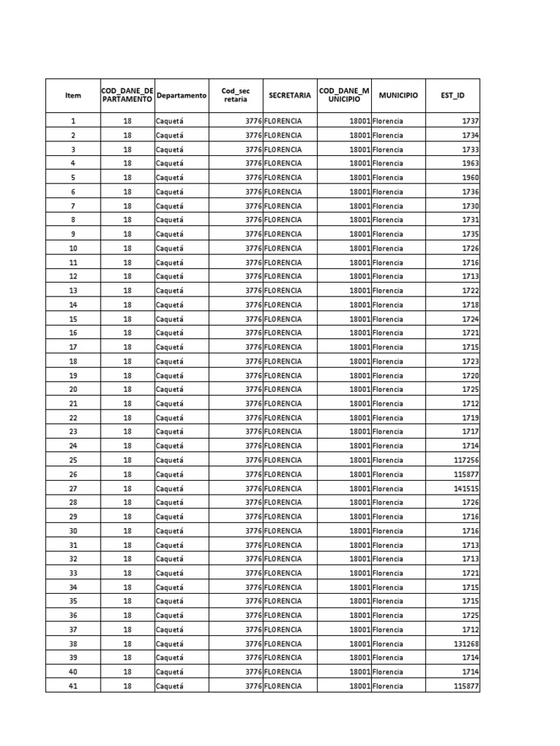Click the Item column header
pos(73,95)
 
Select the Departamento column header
pos(182,95)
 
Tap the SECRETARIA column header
pos(289,95)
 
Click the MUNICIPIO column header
pos(398,95)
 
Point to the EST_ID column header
pos(452,95)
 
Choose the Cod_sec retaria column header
pos(236,95)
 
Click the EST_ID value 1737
pos(470,121)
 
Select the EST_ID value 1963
pos(470,163)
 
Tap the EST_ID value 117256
pos(466,460)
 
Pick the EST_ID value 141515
pos(466,488)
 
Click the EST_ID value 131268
pos(466,644)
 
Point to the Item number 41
pos(73,686)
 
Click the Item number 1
pos(73,121)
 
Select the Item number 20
pos(73,389)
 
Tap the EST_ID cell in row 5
pos(470,178)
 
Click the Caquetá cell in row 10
pos(170,248)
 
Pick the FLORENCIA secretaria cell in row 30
pos(283,531)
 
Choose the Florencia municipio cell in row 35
pos(387,602)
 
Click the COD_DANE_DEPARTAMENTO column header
pos(127,95)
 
